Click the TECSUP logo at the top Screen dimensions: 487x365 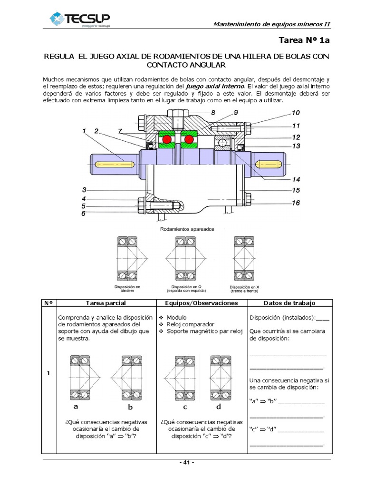[80, 19]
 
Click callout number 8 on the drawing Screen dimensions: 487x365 [212, 113]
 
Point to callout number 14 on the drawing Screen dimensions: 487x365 [296, 180]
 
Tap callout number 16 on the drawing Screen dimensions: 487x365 [296, 203]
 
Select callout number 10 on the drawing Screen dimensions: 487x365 [296, 114]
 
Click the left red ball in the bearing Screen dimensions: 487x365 [167, 139]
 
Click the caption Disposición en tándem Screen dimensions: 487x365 [127, 289]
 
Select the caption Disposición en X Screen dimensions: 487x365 [244, 289]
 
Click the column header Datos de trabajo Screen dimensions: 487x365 [289, 303]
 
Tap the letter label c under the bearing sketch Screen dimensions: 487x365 [185, 407]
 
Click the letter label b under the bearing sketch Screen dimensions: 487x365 [130, 407]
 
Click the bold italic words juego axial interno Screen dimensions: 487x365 [215, 87]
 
